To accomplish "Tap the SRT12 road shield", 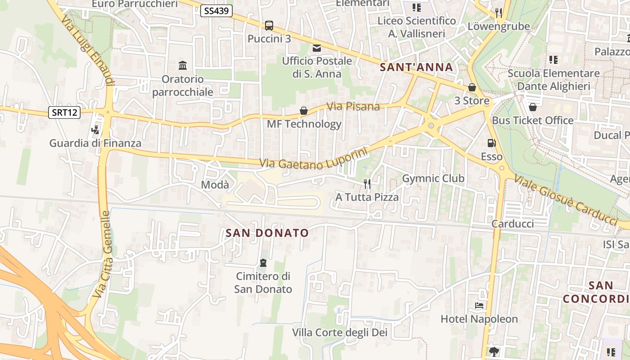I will [x=64, y=112].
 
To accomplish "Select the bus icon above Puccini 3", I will [x=269, y=26].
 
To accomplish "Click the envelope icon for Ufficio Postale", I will [x=317, y=48].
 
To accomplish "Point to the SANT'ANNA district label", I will [x=416, y=67].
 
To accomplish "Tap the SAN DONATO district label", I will [x=267, y=233].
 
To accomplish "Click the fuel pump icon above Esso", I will [x=491, y=144].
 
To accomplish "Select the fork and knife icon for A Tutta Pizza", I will [x=367, y=184].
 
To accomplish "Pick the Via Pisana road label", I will [x=353, y=107].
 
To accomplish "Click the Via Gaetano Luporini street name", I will [x=314, y=159].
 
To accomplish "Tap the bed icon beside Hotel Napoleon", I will [x=479, y=306].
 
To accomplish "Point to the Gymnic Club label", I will [x=433, y=178].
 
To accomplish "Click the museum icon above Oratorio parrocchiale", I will [x=183, y=66].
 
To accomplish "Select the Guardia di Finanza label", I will [x=95, y=144].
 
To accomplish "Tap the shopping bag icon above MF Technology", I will [x=304, y=111].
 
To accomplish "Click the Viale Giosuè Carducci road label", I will [x=566, y=199].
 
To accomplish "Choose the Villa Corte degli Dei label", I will [x=340, y=333].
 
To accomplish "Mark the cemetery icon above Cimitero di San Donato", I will [x=263, y=263].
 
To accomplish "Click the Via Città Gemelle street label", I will [x=102, y=254].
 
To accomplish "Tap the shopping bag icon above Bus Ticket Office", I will [x=533, y=107].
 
